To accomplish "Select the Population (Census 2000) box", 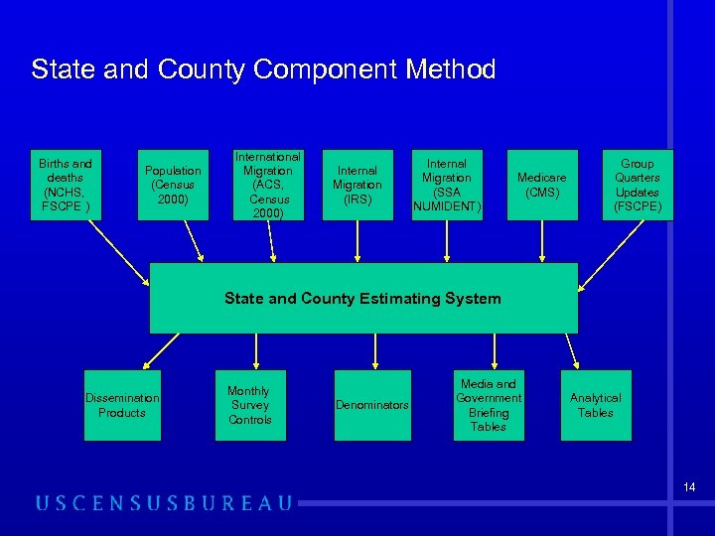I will tap(173, 186).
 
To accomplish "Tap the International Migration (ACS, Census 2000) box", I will tap(267, 186).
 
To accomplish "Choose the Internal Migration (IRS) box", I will tap(357, 186).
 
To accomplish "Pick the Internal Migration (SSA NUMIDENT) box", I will tap(446, 186).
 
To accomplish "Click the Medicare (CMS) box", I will tap(541, 186).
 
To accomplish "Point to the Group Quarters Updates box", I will tap(637, 186).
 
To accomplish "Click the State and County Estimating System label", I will tap(362, 298).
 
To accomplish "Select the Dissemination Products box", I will tap(122, 405).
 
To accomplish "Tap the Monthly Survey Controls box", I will tap(249, 405).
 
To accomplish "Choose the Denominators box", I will tap(371, 405).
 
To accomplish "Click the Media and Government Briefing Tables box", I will tap(488, 405).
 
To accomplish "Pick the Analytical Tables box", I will tap(596, 405).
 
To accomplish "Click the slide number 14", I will tap(688, 487).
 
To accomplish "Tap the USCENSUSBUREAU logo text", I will tap(164, 503).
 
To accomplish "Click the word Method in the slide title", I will tap(451, 69).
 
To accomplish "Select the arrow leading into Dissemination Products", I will tap(150, 349).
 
